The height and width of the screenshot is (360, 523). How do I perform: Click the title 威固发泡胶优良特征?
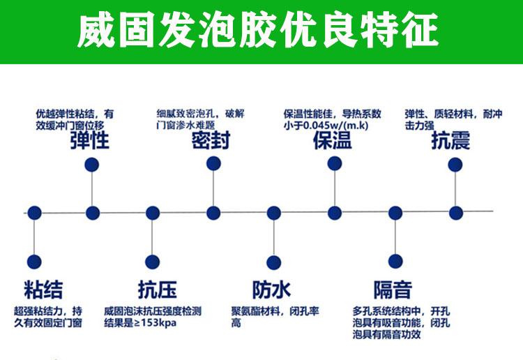tap(261, 31)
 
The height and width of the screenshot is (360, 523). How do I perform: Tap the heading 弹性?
tap(90, 140)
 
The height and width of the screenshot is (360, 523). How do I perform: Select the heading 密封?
tap(211, 140)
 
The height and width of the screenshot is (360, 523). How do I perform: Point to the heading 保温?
tap(333, 140)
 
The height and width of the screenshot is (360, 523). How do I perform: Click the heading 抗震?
tap(451, 140)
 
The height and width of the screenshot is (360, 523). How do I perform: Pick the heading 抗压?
tap(157, 289)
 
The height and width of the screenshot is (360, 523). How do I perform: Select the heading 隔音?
tap(393, 289)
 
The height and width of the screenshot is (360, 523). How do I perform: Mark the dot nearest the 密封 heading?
tap(213, 164)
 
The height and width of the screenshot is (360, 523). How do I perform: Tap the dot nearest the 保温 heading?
tap(335, 164)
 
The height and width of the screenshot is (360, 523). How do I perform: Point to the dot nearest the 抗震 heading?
tap(456, 165)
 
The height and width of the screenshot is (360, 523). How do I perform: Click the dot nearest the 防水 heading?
tap(273, 262)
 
